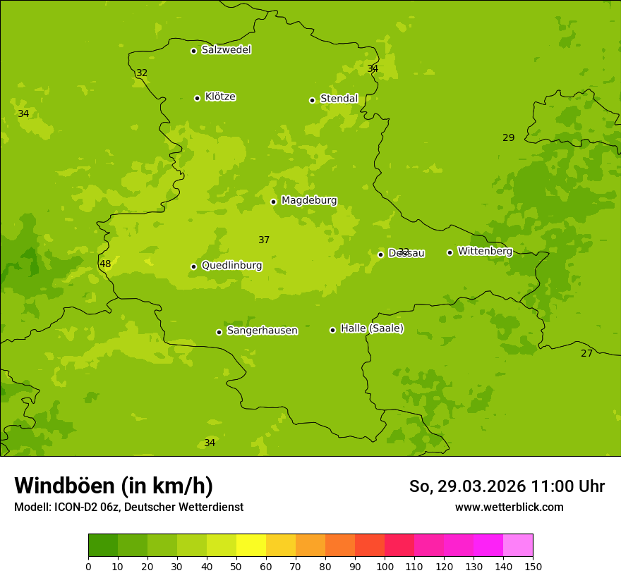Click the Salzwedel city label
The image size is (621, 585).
(x=226, y=50)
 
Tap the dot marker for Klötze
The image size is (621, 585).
(x=198, y=98)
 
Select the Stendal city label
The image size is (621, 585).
(x=339, y=99)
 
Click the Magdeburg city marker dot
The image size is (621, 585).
(x=274, y=202)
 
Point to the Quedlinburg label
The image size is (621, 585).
(x=231, y=266)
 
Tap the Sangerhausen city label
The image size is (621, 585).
(x=262, y=331)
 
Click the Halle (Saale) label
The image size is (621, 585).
(x=372, y=328)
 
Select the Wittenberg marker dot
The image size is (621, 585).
(x=450, y=252)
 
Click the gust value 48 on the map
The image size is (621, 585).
(x=105, y=264)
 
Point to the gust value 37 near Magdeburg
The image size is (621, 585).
(x=264, y=240)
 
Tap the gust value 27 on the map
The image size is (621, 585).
(x=586, y=354)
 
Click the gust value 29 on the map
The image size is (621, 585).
(x=508, y=138)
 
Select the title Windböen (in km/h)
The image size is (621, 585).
(x=114, y=486)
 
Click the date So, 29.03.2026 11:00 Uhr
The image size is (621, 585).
(x=507, y=486)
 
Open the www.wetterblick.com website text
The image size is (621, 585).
(x=509, y=507)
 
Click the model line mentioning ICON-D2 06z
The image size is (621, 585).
(x=128, y=507)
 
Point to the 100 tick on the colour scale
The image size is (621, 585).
(x=385, y=566)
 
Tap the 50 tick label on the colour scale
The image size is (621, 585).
(x=236, y=566)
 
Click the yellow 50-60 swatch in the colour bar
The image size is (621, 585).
(x=251, y=545)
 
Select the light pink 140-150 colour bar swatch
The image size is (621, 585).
(x=518, y=545)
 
